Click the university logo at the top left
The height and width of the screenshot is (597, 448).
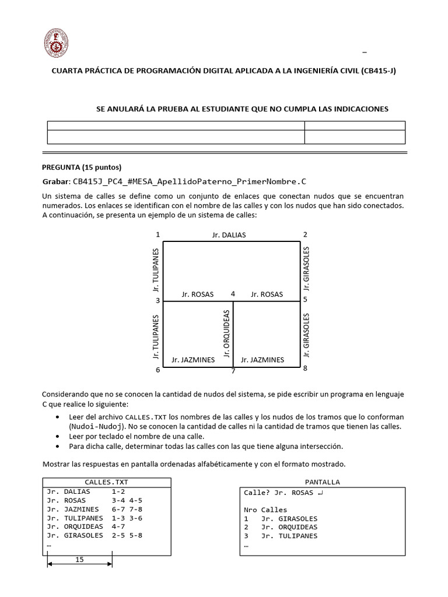pyautogui.click(x=57, y=44)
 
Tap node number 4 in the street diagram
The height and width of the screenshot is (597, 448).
pyautogui.click(x=233, y=294)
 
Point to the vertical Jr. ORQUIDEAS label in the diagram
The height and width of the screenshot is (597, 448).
pyautogui.click(x=227, y=333)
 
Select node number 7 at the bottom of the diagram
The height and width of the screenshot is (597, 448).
pyautogui.click(x=233, y=371)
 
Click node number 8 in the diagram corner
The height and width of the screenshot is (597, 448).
pyautogui.click(x=304, y=368)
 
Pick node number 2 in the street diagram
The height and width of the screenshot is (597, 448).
pyautogui.click(x=304, y=234)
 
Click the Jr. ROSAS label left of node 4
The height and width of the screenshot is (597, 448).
pyautogui.click(x=198, y=294)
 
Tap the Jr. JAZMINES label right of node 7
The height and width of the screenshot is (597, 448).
pyautogui.click(x=262, y=360)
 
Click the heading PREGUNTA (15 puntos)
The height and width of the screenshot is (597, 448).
pyautogui.click(x=82, y=167)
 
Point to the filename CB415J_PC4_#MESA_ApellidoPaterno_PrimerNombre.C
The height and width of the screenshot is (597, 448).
pyautogui.click(x=190, y=181)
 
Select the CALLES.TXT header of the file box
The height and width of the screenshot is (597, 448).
pyautogui.click(x=106, y=482)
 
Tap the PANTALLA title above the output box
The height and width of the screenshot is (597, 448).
pyautogui.click(x=322, y=482)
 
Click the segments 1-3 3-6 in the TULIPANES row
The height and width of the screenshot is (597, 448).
pyautogui.click(x=127, y=518)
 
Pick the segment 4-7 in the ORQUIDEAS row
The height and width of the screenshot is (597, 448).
pyautogui.click(x=119, y=526)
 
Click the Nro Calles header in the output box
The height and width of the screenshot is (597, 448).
pyautogui.click(x=265, y=510)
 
